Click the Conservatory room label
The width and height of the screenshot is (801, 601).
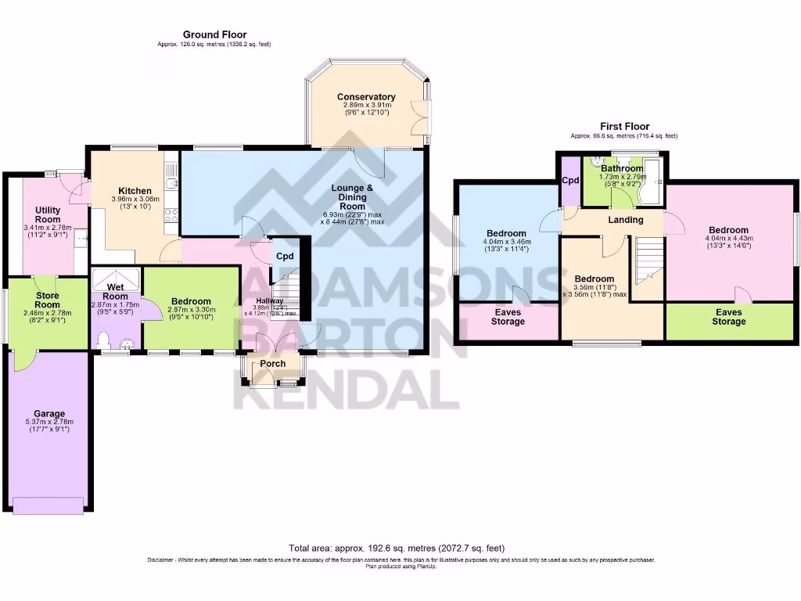click(x=366, y=97)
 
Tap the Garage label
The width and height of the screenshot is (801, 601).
click(x=48, y=414)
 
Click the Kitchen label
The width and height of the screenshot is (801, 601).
click(x=135, y=191)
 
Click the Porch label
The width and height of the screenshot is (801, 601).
click(x=273, y=365)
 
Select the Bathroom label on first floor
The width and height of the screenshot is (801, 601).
click(x=622, y=168)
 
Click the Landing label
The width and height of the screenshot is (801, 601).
click(x=626, y=220)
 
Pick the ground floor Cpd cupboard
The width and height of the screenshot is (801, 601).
click(x=283, y=255)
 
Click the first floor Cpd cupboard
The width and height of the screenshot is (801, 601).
click(x=570, y=181)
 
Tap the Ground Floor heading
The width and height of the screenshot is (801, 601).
click(x=214, y=34)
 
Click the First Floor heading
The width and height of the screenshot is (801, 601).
click(x=624, y=126)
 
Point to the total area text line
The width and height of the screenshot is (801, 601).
click(x=400, y=549)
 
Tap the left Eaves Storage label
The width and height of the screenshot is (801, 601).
click(x=508, y=317)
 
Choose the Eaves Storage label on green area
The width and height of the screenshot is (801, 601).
click(x=729, y=316)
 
